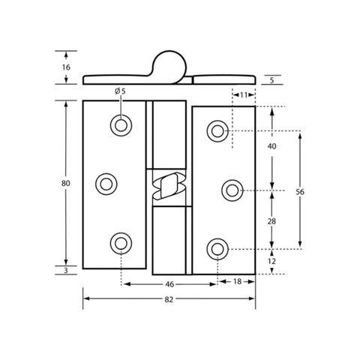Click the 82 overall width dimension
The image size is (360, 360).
(x=169, y=299)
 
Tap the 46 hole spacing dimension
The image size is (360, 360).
(x=169, y=284)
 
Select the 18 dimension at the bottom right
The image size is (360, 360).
(x=237, y=282)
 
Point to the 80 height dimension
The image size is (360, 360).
(x=66, y=184)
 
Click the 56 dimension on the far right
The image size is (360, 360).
(x=300, y=192)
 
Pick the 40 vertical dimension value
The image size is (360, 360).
(x=272, y=146)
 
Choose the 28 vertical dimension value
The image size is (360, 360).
(x=271, y=221)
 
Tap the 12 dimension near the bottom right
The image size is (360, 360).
(x=271, y=261)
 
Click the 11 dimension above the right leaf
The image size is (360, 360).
(x=244, y=95)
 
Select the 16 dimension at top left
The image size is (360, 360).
(x=66, y=67)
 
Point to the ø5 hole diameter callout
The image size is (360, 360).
(x=120, y=91)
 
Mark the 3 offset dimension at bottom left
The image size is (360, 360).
(x=66, y=271)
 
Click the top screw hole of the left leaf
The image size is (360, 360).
(x=121, y=125)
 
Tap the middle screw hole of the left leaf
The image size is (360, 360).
(x=106, y=184)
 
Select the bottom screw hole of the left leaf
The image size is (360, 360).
(x=121, y=243)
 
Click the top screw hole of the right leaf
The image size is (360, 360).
(x=217, y=131)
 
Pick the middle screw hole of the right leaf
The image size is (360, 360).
(x=232, y=190)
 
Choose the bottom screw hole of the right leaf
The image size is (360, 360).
(x=217, y=249)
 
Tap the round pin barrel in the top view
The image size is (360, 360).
(x=169, y=67)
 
